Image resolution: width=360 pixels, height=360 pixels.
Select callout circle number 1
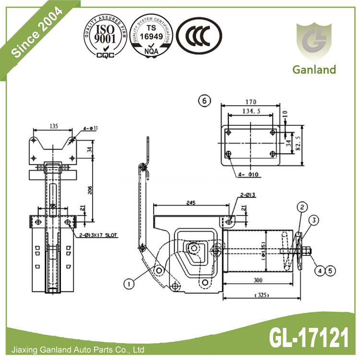128,284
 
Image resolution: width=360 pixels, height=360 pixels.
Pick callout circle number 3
313,220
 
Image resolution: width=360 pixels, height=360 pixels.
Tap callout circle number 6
205,101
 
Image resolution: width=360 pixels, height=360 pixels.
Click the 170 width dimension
251,102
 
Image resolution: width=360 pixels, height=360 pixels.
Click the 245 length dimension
191,202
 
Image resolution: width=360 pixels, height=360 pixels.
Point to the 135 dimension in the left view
53,126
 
